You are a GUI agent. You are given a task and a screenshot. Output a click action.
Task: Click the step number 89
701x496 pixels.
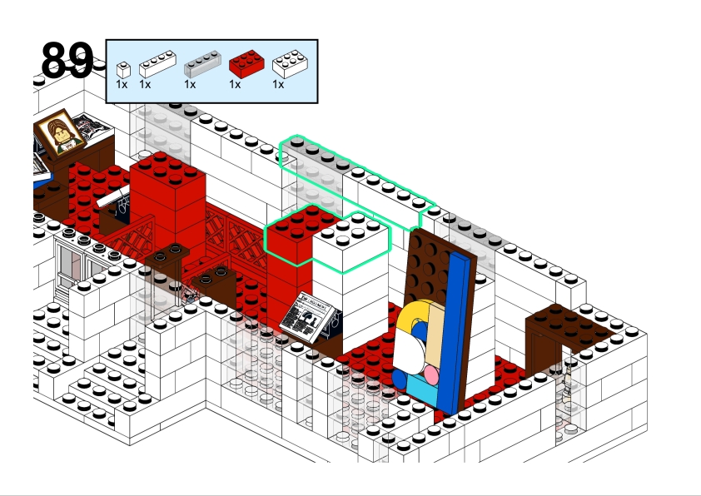point(67,60)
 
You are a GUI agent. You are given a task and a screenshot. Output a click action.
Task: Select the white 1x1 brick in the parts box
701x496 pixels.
point(123,69)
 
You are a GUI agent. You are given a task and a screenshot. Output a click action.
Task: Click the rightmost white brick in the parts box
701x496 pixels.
point(289,63)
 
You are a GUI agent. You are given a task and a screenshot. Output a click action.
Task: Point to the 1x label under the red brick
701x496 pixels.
point(234,84)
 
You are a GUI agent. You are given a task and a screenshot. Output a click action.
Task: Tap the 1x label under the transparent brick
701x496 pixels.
point(190,84)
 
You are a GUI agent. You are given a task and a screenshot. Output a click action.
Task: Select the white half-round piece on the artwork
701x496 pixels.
point(407,350)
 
